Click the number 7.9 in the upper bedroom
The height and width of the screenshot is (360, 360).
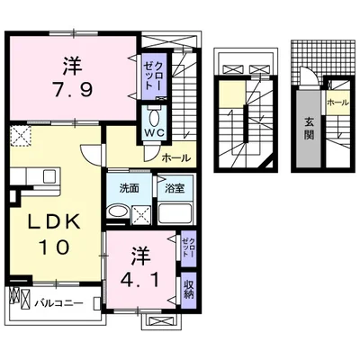73,89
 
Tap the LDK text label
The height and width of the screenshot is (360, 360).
55,222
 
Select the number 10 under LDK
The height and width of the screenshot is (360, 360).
55,247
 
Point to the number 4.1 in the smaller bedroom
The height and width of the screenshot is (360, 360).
139,281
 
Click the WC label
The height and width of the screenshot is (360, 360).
155,132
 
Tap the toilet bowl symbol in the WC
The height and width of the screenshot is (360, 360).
155,118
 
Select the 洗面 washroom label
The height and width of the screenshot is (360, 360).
130,188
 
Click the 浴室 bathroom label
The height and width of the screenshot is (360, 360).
175,188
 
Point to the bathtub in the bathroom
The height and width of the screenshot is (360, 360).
175,213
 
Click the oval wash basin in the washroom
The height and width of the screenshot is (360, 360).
118,211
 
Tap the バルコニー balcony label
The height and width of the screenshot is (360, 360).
58,303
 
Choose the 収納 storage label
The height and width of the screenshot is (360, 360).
188,289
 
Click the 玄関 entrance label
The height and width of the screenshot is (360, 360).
309,129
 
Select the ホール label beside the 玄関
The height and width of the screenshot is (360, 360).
337,103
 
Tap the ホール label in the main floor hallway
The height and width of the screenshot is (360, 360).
176,157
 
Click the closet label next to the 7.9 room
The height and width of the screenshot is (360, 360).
154,76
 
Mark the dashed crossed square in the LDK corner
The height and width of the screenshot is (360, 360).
20,136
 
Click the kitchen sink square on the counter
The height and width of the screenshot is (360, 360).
49,176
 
